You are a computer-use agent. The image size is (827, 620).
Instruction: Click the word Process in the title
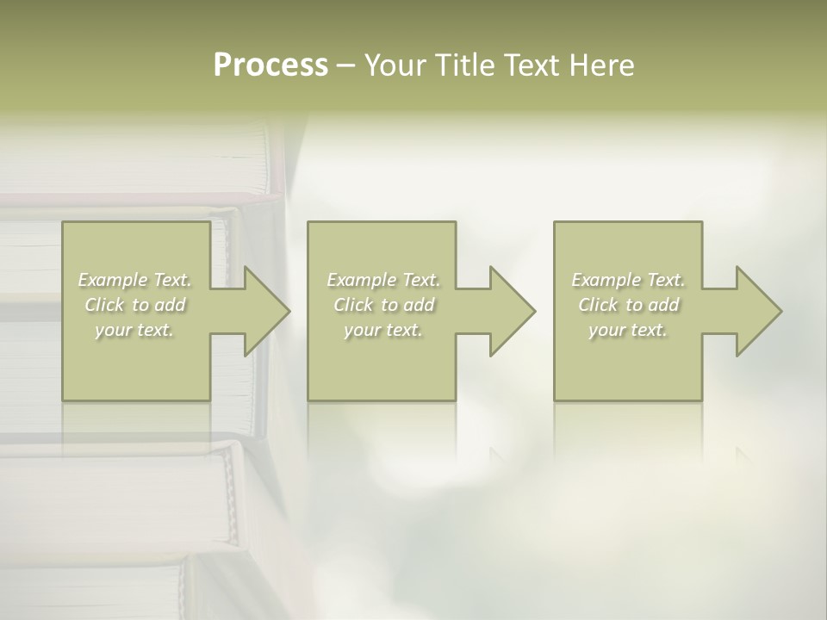pyautogui.click(x=270, y=65)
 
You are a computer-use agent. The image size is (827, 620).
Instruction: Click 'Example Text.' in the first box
pyautogui.click(x=135, y=280)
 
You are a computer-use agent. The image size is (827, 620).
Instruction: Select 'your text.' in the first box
pyautogui.click(x=135, y=330)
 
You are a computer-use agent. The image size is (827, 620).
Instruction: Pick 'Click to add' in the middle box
pyautogui.click(x=383, y=305)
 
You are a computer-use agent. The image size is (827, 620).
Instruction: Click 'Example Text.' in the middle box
pyautogui.click(x=383, y=280)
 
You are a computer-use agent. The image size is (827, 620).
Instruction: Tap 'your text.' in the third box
pyautogui.click(x=628, y=330)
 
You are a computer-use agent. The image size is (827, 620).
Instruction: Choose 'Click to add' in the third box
pyautogui.click(x=628, y=305)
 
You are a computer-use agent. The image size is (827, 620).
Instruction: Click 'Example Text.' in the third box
pyautogui.click(x=628, y=280)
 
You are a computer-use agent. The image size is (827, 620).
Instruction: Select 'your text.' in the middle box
pyautogui.click(x=383, y=330)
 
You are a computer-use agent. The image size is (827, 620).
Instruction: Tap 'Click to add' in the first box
pyautogui.click(x=135, y=305)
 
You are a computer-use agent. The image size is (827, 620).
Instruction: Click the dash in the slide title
pyautogui.click(x=346, y=65)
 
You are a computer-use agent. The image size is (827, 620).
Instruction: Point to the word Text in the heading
pyautogui.click(x=528, y=65)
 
